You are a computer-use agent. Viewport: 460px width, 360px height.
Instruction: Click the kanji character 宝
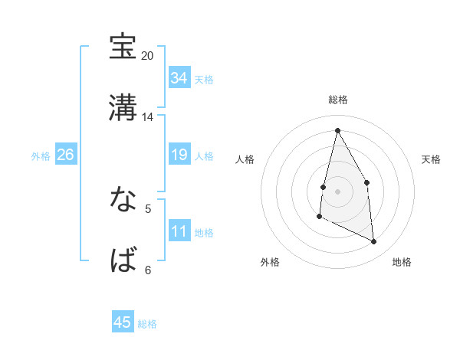123,47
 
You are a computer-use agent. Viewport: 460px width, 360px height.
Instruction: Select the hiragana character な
123,200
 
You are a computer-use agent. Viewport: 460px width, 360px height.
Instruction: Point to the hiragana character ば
123,261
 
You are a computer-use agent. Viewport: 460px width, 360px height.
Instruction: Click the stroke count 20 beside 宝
148,56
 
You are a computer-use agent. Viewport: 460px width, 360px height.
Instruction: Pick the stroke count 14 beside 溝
148,117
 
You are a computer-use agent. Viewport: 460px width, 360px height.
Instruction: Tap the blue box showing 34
179,78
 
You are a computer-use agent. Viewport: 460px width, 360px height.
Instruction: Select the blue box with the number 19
179,155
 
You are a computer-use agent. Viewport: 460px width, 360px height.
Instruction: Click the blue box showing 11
179,231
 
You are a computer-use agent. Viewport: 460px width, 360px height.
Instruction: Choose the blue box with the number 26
65,155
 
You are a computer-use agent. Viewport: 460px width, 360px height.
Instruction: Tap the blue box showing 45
123,322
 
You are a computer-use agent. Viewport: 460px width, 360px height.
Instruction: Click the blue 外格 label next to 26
41,155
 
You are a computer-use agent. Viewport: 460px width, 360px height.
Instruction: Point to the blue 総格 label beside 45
147,324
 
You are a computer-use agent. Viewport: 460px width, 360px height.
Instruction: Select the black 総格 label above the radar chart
337,100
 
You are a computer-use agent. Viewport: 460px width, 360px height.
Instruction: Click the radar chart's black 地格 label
402,263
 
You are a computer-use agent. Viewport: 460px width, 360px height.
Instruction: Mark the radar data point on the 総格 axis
337,129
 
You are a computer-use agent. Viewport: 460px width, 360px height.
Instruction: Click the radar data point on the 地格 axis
374,241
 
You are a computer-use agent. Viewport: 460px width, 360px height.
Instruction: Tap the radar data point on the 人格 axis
324,187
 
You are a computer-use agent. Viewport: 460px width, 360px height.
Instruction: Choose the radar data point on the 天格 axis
367,182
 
